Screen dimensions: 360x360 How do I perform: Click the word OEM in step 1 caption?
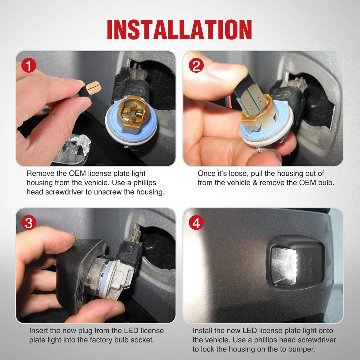point(77,173)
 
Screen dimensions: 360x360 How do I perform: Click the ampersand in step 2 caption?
point(255,183)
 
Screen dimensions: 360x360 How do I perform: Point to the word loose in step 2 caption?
point(239,173)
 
